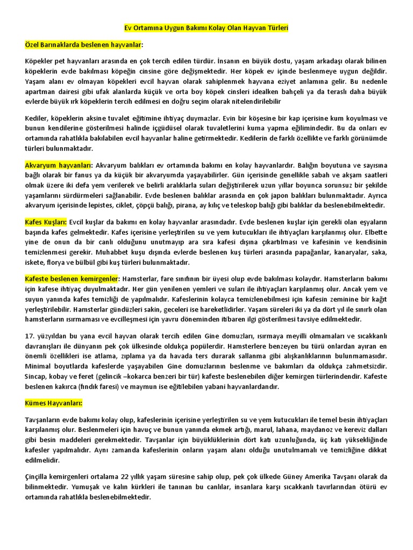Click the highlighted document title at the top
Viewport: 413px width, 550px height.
pos(206,27)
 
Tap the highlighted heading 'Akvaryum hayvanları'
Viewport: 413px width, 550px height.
pos(59,165)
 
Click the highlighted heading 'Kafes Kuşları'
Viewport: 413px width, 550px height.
pos(46,222)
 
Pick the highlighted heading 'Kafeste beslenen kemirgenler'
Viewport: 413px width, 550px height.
pos(71,279)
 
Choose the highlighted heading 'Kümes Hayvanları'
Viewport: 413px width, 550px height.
pos(54,403)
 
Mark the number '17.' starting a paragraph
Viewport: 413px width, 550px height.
pos(30,336)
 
